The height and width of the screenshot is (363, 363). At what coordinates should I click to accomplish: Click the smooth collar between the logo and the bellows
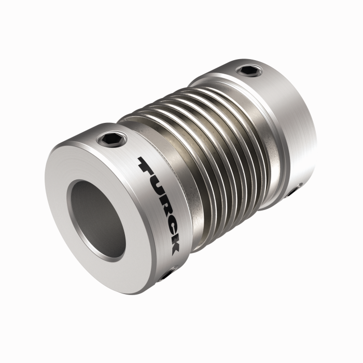point(187,207)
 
